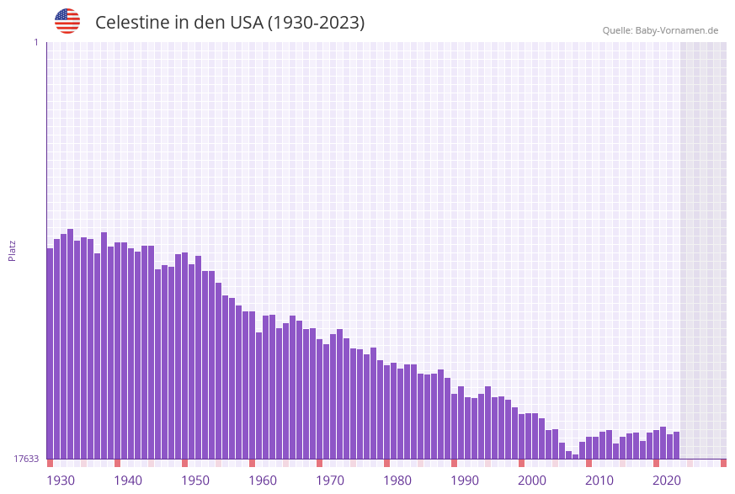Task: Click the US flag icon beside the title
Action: (67, 21)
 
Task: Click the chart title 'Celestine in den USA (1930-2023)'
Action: (230, 23)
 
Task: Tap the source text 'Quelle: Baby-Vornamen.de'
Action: (660, 30)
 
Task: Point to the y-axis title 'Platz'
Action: (13, 250)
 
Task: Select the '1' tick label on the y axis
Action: (35, 42)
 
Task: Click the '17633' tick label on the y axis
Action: (25, 459)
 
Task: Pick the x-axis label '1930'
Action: (61, 481)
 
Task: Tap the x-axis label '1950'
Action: (195, 481)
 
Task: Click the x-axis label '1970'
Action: (330, 481)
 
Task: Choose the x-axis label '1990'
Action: (465, 481)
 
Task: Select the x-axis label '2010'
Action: (599, 481)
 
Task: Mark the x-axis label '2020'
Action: (667, 481)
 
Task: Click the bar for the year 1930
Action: (51, 353)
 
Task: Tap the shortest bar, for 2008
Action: (576, 457)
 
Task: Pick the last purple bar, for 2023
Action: (676, 445)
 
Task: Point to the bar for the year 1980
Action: (386, 412)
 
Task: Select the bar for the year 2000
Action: (522, 437)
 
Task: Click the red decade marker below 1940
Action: (118, 463)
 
